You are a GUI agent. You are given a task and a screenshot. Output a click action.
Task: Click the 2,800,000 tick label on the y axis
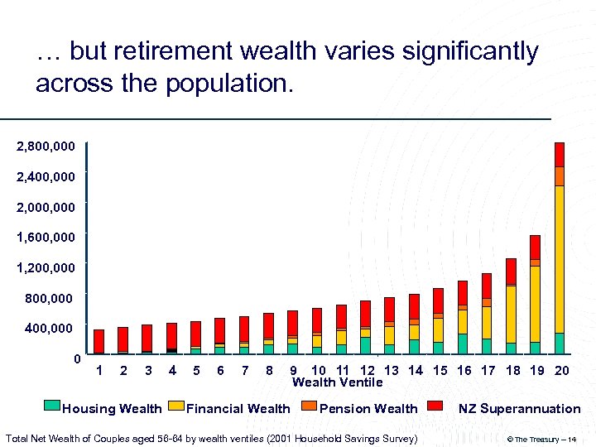pos(46,147)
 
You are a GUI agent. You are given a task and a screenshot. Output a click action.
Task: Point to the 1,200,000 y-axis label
pos(46,267)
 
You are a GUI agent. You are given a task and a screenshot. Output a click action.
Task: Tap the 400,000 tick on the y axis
pos(49,329)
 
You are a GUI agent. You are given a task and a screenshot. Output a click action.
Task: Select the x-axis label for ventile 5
pos(195,371)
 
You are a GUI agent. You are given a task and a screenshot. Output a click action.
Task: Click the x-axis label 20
pos(561,371)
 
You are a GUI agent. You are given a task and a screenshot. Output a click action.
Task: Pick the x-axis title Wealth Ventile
pos(337,382)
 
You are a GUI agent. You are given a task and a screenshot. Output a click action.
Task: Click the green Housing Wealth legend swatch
pos(51,406)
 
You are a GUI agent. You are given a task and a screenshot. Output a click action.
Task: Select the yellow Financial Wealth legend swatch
pos(175,406)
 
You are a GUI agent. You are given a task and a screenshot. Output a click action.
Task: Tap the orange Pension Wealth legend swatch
pos(309,406)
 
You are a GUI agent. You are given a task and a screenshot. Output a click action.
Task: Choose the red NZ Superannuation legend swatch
pos(435,406)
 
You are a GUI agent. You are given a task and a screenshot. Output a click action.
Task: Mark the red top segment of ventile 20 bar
pos(560,154)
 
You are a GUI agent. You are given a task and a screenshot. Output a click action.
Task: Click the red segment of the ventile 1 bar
pos(99,341)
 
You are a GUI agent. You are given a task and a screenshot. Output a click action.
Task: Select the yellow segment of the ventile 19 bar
pos(536,303)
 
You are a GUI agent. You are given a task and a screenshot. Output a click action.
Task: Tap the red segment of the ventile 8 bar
pos(268,325)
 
